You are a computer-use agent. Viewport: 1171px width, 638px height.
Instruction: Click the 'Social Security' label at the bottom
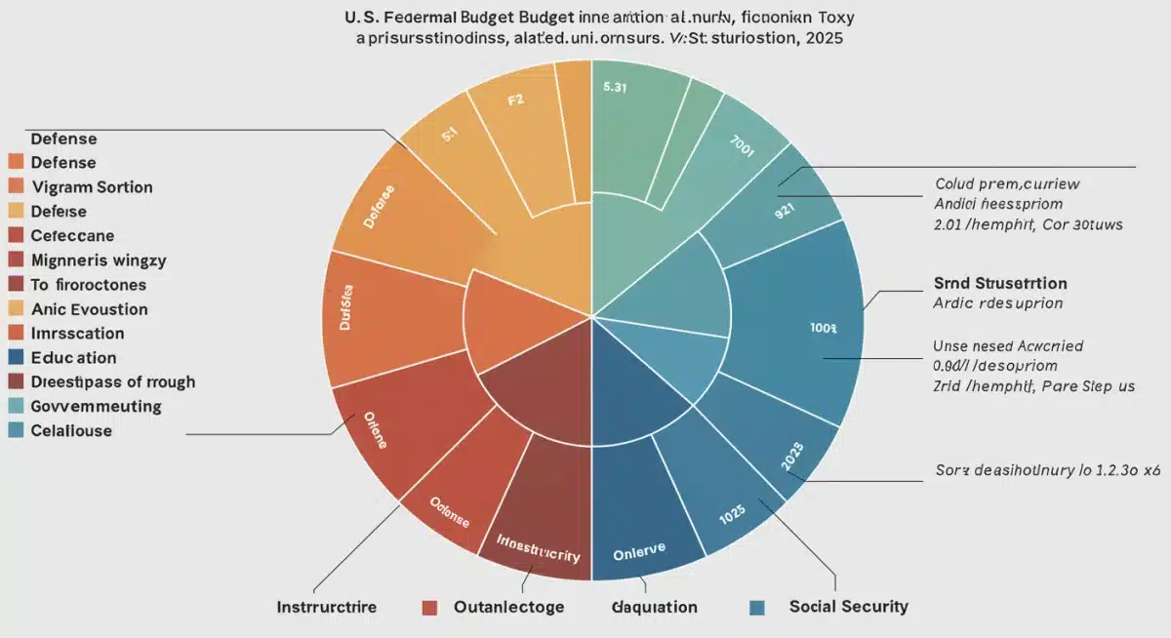pos(848,607)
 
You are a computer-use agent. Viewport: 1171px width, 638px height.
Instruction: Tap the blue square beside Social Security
pos(756,608)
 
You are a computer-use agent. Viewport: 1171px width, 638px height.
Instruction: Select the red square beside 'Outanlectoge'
pos(428,608)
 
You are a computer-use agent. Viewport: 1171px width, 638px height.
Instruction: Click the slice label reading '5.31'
pos(615,87)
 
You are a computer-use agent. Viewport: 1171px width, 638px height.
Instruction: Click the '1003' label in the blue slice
pos(823,329)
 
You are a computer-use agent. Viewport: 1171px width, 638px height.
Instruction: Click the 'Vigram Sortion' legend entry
pos(92,187)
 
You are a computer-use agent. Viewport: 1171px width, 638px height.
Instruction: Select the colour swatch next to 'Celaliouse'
pos(15,430)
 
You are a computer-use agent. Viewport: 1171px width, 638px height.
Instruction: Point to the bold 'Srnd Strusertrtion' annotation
pos(993,284)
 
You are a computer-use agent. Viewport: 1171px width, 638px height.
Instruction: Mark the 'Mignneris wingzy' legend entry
pos(99,260)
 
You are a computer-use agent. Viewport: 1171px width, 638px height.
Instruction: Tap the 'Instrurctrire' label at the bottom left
pos(325,607)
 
